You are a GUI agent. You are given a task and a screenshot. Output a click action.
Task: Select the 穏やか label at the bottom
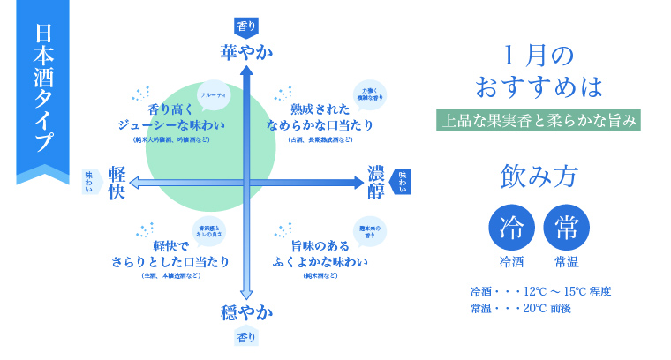point(246,312)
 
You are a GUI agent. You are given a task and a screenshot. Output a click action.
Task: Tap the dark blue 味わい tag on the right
point(402,181)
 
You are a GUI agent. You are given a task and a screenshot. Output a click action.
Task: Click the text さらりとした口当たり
point(170,261)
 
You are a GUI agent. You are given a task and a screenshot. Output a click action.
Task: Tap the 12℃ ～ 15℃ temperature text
point(560,290)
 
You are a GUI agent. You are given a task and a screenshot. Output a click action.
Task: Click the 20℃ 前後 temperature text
point(547,308)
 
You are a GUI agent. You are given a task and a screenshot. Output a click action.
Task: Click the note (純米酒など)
point(320,277)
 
